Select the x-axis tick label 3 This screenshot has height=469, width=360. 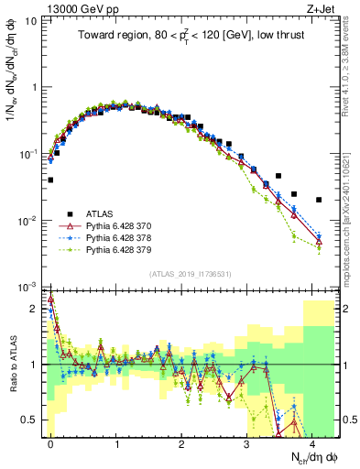pyautogui.click(x=248, y=442)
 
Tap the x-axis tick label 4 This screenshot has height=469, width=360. pyautogui.click(x=313, y=442)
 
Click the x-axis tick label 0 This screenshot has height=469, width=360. pyautogui.click(x=50, y=442)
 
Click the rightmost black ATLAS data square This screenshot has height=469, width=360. pyautogui.click(x=319, y=200)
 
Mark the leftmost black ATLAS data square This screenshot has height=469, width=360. pyautogui.click(x=50, y=180)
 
